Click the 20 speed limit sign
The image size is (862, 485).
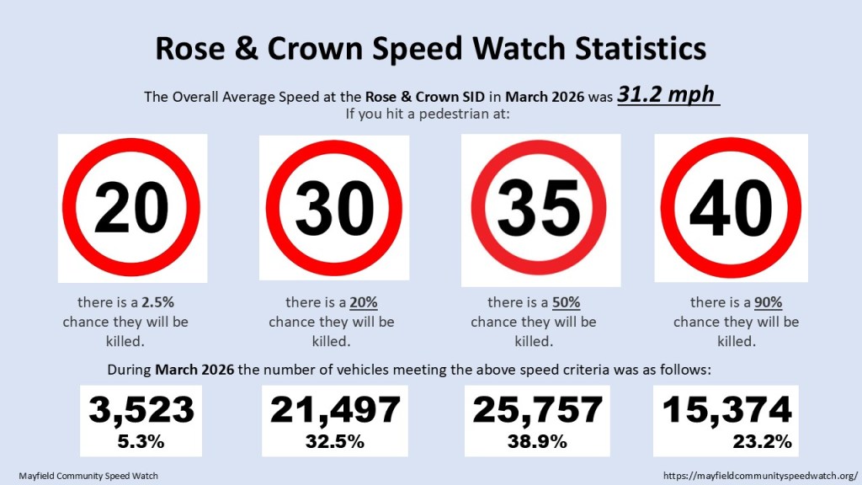click(131, 207)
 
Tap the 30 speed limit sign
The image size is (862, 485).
click(334, 207)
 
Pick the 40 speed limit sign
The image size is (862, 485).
click(731, 207)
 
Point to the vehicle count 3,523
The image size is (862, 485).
click(141, 410)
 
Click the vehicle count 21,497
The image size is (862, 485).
click(335, 410)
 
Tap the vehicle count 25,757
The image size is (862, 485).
click(538, 410)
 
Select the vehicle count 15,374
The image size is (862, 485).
click(727, 410)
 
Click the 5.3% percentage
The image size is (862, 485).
click(141, 441)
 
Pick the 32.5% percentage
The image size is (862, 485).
click(335, 441)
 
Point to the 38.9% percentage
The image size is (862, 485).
click(538, 441)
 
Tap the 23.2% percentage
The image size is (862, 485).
click(761, 441)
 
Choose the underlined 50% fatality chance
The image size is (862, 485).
click(566, 302)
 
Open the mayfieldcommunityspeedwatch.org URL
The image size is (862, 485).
click(760, 476)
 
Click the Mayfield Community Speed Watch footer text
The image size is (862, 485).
click(88, 476)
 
